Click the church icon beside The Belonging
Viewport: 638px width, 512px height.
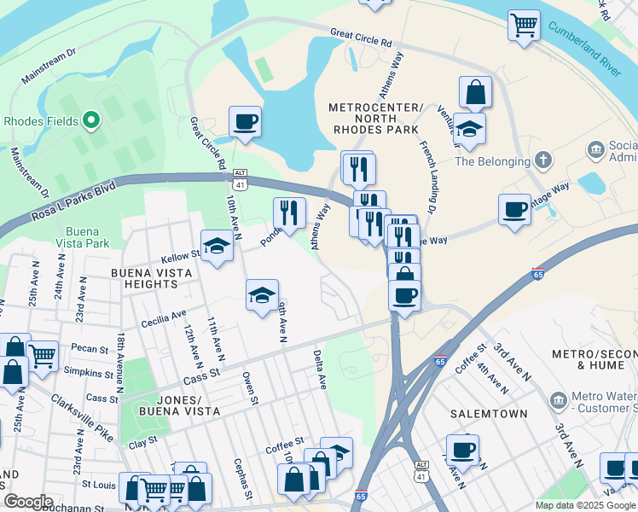542,160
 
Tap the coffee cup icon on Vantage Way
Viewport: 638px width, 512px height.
514,209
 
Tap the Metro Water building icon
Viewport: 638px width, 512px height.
559,399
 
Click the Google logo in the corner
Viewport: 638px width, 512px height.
28,502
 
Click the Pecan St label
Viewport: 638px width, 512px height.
91,349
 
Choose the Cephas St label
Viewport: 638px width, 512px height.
241,478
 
